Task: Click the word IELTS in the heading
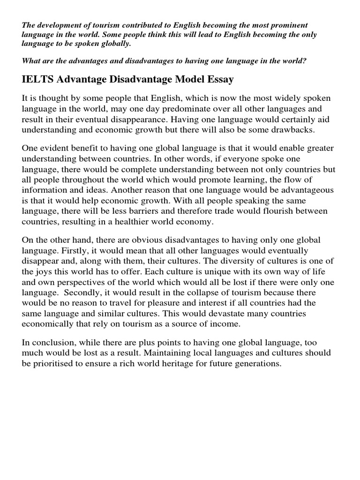tap(37, 80)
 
